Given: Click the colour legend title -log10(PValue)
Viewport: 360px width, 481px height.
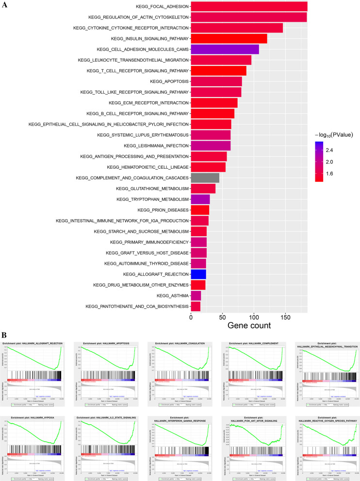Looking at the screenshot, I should [x=333, y=134].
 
